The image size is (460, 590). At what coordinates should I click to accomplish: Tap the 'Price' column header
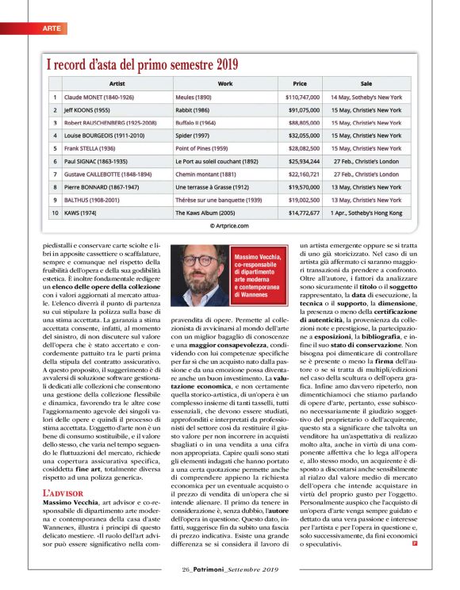point(299,82)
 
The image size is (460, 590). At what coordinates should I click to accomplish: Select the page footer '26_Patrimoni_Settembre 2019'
point(229,569)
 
